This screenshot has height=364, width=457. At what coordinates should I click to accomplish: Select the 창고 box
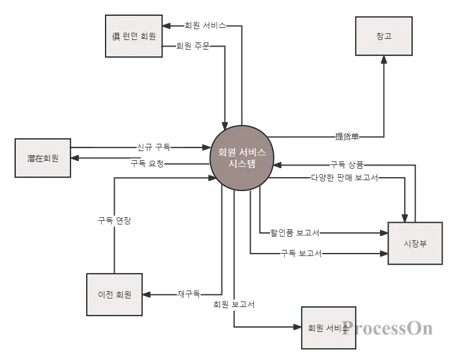tap(384, 36)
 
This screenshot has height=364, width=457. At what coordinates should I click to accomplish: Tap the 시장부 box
tap(415, 243)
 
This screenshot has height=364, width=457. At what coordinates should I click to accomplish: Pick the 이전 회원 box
tap(115, 294)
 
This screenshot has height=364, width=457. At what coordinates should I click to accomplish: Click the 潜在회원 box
tap(42, 158)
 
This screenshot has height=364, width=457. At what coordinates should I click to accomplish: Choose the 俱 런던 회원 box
tap(134, 36)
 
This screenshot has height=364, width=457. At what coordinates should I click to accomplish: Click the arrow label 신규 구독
tap(154, 147)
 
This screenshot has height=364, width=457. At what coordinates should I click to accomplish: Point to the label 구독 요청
tap(147, 163)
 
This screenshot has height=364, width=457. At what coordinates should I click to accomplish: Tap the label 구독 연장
tap(115, 221)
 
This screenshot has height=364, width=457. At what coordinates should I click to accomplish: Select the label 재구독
tap(189, 294)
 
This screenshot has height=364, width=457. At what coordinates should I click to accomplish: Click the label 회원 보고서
tap(234, 305)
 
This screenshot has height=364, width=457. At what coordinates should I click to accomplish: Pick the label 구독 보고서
tap(301, 254)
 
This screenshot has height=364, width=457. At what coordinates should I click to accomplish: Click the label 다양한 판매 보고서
tap(345, 178)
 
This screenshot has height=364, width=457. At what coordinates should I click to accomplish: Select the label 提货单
tap(347, 136)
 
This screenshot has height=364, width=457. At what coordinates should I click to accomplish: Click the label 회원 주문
tap(192, 46)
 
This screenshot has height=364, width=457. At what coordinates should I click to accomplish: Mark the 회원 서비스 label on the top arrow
tap(205, 26)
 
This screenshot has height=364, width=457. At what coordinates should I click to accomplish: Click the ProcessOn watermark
tap(387, 328)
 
